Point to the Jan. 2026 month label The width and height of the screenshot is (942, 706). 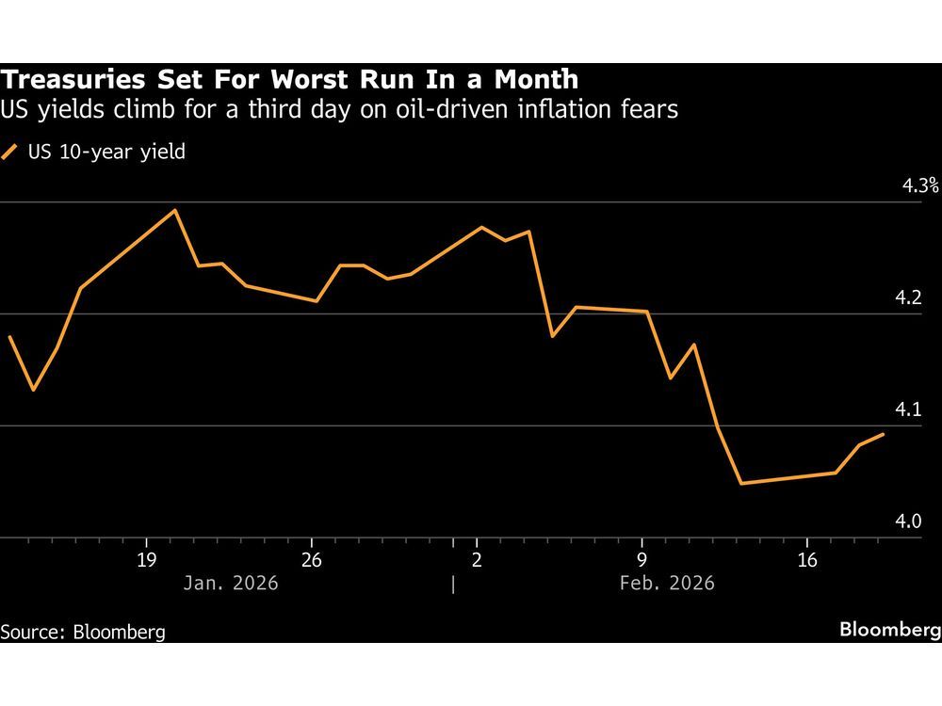coord(232,583)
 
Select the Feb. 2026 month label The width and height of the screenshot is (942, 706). coord(667,583)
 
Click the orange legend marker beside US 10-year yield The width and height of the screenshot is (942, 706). coord(10,152)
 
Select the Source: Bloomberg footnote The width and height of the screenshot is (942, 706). coord(83,632)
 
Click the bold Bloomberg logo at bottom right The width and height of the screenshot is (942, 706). coord(890,630)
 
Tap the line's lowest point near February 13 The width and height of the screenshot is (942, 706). coord(741,484)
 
